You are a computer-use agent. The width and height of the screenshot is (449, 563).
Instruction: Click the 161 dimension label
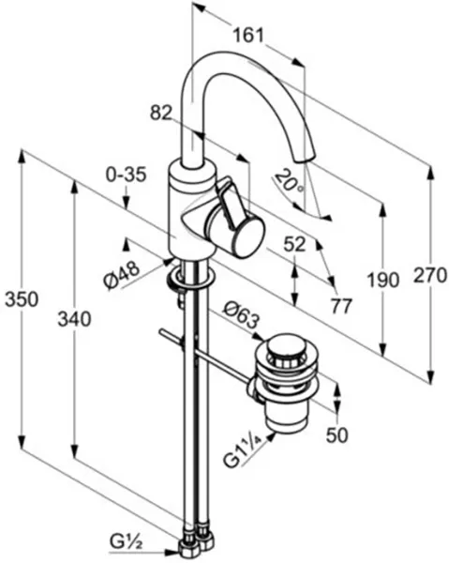(248, 36)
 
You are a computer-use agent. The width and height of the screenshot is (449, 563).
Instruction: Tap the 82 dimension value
(161, 113)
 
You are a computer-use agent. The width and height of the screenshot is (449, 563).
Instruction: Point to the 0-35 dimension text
(127, 175)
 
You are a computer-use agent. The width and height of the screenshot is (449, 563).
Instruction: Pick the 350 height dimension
(22, 299)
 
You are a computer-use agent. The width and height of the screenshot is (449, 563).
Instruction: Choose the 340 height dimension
(74, 319)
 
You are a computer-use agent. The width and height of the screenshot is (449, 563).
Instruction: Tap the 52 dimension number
(294, 245)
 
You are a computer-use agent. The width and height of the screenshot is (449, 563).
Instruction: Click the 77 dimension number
(341, 306)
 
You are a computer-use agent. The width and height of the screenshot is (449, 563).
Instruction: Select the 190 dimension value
(383, 280)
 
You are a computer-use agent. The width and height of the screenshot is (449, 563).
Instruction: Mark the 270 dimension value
(430, 275)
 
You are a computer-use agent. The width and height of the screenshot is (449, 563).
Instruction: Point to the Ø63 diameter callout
(241, 314)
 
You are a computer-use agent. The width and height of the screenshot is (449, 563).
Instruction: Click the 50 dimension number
(337, 434)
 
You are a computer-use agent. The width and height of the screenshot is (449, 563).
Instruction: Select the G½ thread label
(126, 544)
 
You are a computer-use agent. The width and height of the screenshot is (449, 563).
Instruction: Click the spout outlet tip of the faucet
(304, 158)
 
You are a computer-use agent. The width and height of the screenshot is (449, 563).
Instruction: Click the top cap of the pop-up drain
(286, 346)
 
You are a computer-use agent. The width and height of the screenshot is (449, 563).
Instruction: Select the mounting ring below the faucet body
(191, 279)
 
